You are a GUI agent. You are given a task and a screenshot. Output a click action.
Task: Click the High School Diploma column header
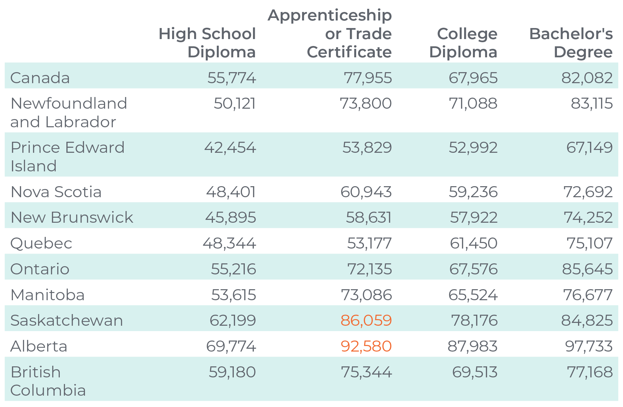pos(207,43)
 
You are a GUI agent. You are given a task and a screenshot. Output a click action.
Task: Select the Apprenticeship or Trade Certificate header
pos(330,33)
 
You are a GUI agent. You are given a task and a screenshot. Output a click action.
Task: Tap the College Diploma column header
pos(463,43)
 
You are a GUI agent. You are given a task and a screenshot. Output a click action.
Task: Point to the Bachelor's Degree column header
pos(571,43)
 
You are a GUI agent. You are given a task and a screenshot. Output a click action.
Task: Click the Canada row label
pos(40,78)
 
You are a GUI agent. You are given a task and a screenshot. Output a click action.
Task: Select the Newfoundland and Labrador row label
pos(69,112)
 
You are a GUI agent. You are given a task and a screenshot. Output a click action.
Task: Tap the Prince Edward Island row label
pos(67,157)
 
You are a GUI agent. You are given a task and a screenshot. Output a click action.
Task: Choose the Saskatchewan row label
pos(66,320)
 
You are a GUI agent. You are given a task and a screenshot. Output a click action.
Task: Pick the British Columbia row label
pos(48,381)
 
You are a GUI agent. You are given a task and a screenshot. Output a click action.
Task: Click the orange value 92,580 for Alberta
pos(366,346)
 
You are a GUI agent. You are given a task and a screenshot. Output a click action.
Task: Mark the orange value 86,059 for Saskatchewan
pos(366,320)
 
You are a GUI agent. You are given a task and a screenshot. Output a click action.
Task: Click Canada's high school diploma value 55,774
pos(232,78)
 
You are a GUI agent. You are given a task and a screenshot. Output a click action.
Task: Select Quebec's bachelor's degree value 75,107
pos(589,243)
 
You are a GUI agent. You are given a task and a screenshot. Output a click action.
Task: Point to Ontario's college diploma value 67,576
pos(473,269)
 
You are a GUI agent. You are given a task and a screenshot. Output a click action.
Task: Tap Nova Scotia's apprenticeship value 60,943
pos(366,192)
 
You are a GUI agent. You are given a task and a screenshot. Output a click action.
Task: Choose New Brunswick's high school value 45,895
pos(231,217)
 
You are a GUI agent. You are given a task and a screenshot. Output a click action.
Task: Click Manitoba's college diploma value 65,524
pos(473,295)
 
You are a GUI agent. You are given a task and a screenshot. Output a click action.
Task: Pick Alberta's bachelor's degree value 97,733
pos(589,346)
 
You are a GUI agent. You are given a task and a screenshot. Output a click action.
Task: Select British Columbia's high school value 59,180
pos(232,372)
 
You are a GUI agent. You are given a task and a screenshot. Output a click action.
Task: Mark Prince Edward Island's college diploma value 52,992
pos(473,147)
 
